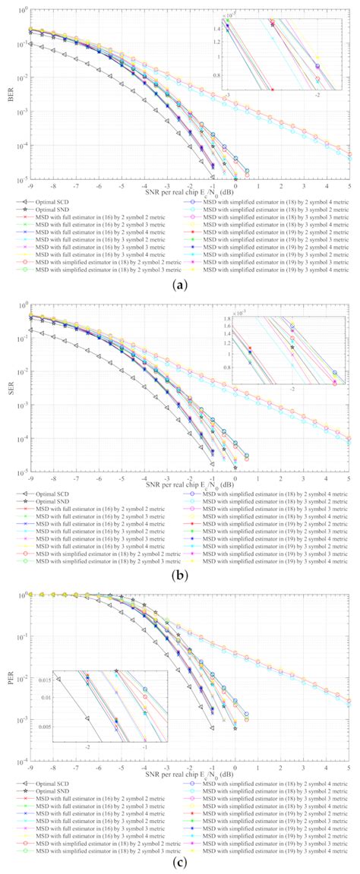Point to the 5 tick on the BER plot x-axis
point(349,185)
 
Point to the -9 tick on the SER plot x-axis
point(30,478)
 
